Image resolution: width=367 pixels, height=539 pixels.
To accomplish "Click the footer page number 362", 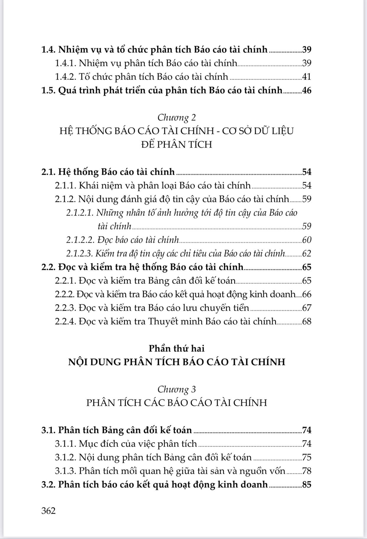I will tap(49, 510).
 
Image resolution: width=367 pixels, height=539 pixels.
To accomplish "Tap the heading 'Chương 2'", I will tap(176, 118).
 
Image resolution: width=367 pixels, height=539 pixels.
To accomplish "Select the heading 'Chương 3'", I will tap(176, 389).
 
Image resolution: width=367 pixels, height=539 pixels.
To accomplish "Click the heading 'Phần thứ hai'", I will tap(176, 348).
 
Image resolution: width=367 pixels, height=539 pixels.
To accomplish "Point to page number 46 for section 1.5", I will tap(307, 90).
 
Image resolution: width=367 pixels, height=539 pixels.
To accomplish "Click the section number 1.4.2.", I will tap(65, 77).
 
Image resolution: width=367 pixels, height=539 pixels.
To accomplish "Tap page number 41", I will tap(307, 77).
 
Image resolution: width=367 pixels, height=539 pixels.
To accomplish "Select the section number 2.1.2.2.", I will tap(80, 240).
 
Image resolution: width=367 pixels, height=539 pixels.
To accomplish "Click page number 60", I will tap(307, 240).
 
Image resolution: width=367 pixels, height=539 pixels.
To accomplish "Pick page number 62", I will tap(307, 253).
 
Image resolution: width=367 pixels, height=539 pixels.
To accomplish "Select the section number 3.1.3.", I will tap(65, 471).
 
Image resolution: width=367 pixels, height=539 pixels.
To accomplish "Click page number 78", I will tap(307, 471).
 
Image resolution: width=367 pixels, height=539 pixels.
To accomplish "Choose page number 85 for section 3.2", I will tap(307, 485).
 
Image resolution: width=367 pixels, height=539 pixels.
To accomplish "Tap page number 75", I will tap(307, 457).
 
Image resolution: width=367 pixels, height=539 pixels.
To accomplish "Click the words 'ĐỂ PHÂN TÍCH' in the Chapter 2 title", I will tap(176, 145).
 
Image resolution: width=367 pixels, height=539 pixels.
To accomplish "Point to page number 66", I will tap(307, 294).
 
